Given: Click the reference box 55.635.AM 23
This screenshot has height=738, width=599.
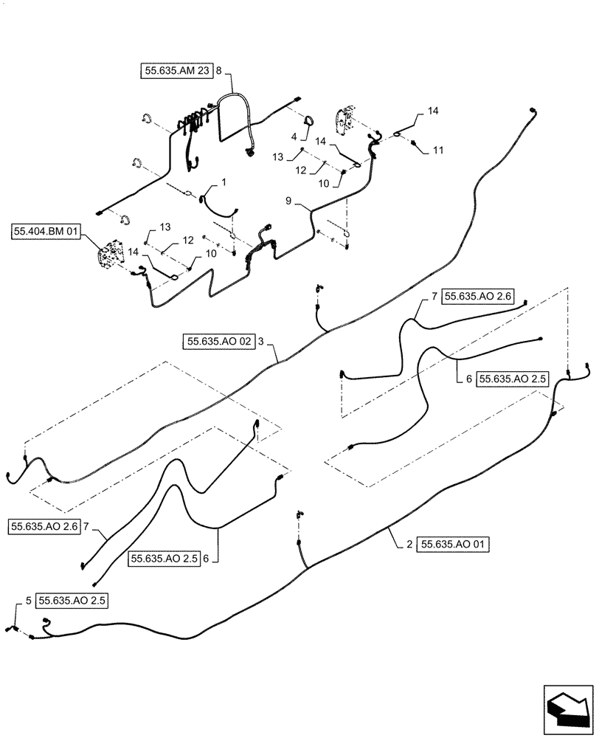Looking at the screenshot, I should (176, 71).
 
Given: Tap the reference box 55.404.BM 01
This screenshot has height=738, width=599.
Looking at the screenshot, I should (46, 232).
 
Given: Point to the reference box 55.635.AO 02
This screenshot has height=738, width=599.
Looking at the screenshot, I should (219, 342).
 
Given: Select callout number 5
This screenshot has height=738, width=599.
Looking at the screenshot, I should (28, 601).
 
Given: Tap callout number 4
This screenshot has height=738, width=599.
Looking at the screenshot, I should (295, 137).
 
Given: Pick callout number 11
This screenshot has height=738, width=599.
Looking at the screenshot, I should (438, 150).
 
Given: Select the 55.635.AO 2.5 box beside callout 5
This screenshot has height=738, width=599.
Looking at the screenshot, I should (72, 601).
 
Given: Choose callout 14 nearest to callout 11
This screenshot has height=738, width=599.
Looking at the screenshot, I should (432, 110).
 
